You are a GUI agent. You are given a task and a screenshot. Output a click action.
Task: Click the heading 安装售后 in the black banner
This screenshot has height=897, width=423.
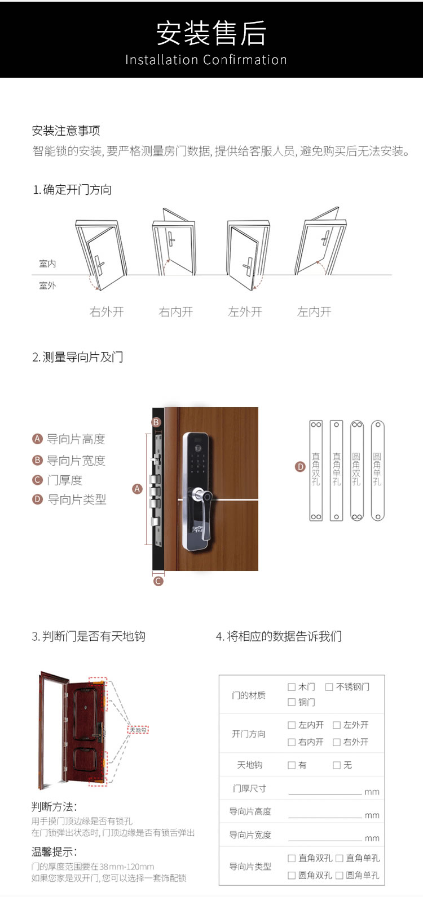(x=211, y=33)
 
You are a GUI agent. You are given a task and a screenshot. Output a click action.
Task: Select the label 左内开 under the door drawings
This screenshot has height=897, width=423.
(x=314, y=312)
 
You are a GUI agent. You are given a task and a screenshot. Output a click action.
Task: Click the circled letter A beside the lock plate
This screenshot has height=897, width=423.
(x=137, y=489)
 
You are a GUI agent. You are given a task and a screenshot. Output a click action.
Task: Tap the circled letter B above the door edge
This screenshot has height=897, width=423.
(x=156, y=422)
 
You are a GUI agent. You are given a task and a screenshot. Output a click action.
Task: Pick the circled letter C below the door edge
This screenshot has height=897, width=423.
(x=158, y=581)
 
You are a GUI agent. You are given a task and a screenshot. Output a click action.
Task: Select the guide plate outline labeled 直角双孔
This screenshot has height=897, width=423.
(x=316, y=470)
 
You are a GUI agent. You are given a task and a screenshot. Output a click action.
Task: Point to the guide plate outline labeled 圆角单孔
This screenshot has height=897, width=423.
(x=377, y=470)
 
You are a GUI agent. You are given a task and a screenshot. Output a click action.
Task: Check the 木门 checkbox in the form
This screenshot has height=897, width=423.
(x=292, y=687)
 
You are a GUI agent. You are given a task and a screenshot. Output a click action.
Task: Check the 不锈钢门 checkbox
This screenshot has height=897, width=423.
(x=329, y=687)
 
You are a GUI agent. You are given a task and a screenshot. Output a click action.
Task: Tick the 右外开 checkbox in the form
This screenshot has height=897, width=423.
(x=337, y=742)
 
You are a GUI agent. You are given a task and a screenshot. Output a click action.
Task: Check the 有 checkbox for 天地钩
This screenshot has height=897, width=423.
(x=292, y=765)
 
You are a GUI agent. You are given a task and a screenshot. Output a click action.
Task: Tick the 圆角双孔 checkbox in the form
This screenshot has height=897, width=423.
(x=292, y=876)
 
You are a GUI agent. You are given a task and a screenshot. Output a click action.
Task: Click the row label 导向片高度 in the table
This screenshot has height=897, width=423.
(x=250, y=811)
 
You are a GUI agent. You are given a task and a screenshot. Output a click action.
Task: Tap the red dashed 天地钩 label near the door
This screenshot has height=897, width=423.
(x=138, y=730)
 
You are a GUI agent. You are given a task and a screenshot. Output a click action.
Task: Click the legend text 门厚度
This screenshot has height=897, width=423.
(x=64, y=480)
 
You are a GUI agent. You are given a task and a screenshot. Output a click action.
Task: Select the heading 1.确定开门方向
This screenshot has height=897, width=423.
(x=72, y=190)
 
